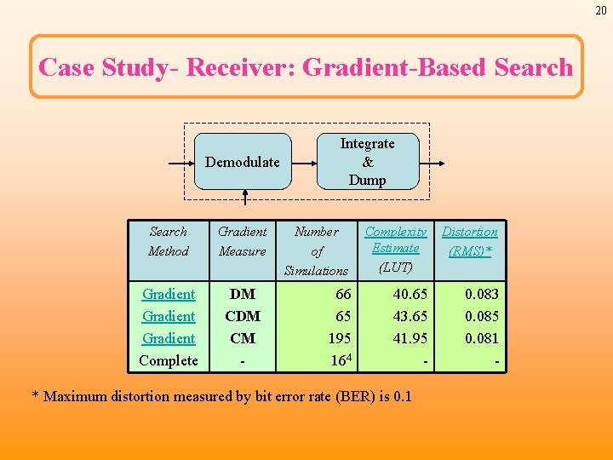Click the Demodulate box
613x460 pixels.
243,162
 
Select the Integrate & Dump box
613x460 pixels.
367,162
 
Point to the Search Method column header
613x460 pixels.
168,241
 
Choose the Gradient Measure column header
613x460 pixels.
242,241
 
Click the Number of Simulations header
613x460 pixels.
316,250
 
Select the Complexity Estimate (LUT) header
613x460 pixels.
395,249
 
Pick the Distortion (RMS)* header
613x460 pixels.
469,241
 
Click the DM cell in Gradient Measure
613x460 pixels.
242,294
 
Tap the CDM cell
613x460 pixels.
242,316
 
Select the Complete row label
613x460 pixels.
168,360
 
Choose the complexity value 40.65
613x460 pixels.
410,294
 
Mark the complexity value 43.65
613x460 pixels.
410,316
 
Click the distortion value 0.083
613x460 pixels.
482,294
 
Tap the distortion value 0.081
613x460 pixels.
482,338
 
